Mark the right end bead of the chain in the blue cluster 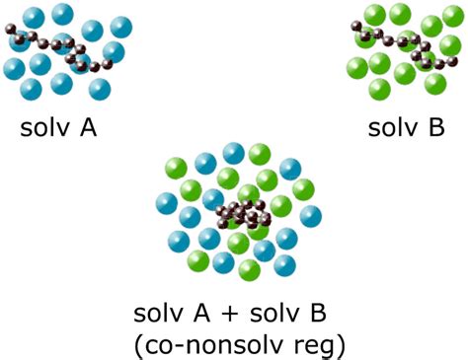110,66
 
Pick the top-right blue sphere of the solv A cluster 122,27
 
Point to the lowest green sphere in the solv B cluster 380,90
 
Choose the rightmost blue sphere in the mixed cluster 310,215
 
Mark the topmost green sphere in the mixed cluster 260,153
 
